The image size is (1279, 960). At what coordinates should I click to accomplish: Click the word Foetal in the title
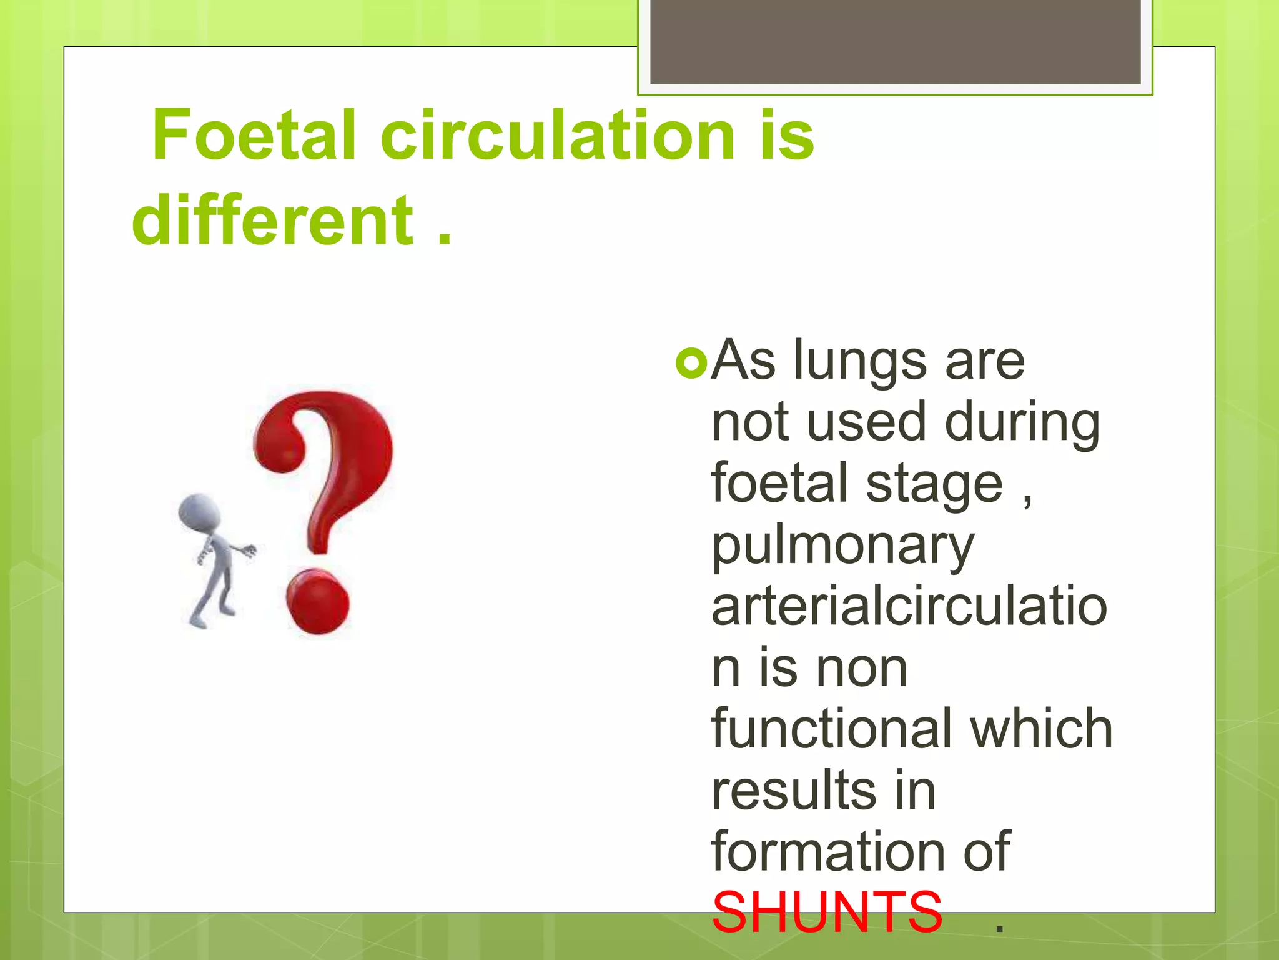pyautogui.click(x=254, y=136)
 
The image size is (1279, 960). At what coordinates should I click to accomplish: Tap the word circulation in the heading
pyautogui.click(x=557, y=136)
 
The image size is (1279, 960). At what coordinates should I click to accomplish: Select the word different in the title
pyautogui.click(x=273, y=221)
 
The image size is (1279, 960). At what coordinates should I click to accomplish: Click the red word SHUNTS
pyautogui.click(x=826, y=913)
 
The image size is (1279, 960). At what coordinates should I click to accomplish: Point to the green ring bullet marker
pyautogui.click(x=691, y=363)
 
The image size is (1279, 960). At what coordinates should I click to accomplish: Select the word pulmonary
pyautogui.click(x=842, y=546)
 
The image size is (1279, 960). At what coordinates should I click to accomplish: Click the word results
pyautogui.click(x=794, y=791)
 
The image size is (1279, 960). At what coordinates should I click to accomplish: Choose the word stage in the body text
pyautogui.click(x=934, y=484)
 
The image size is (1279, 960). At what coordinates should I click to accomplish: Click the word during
pyautogui.click(x=1022, y=422)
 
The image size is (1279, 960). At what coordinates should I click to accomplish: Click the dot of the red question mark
pyautogui.click(x=318, y=601)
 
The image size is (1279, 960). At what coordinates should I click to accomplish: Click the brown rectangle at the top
pyautogui.click(x=895, y=41)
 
